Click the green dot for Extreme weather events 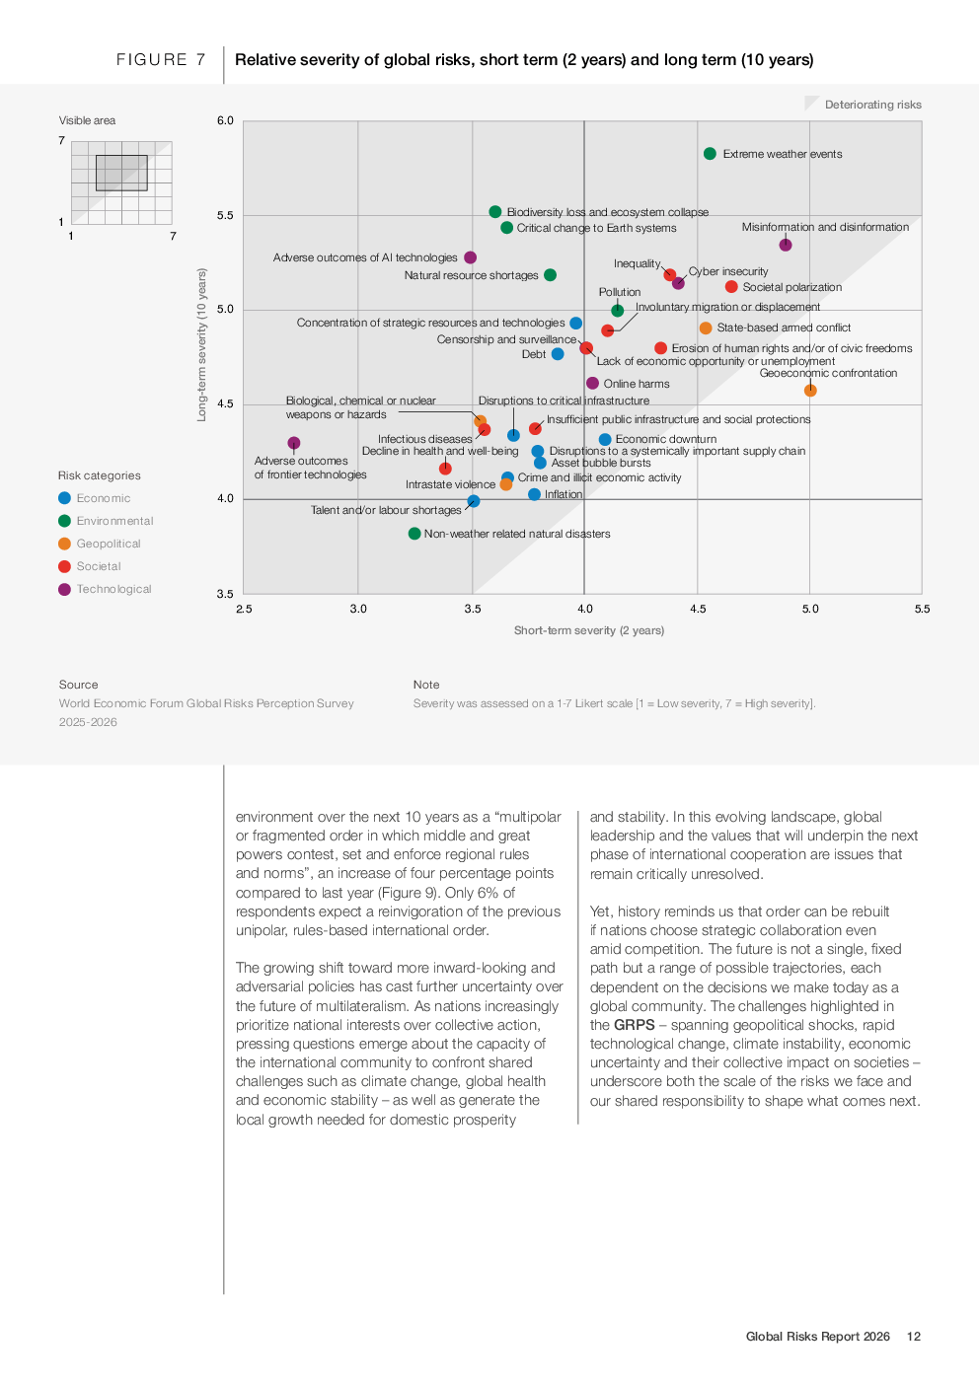tap(710, 154)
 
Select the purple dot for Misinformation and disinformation tap(786, 245)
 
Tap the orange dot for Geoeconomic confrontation tap(810, 391)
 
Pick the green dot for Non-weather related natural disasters tap(414, 534)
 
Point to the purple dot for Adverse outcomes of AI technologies tap(471, 257)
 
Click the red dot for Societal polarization tap(731, 287)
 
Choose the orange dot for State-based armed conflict tap(706, 328)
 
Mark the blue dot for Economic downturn tap(605, 440)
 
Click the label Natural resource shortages tap(471, 275)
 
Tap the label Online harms tap(637, 384)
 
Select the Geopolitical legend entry tap(109, 544)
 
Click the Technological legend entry tap(113, 589)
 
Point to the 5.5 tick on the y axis tap(226, 215)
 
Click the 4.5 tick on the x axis tap(698, 609)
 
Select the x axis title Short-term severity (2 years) tap(589, 630)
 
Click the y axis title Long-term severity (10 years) tap(202, 345)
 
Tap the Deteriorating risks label tap(872, 105)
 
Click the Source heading tap(79, 685)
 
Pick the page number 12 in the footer tap(914, 1337)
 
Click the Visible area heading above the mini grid tap(87, 120)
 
